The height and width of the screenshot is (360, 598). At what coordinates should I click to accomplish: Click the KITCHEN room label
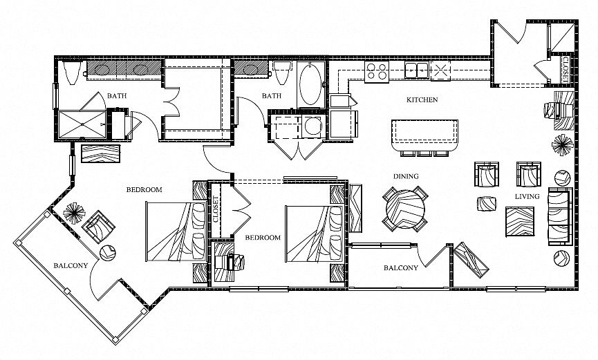pos(422,100)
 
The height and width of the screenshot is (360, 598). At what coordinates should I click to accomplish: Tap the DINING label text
pos(406,176)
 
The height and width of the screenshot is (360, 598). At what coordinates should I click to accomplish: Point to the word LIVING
pos(527,196)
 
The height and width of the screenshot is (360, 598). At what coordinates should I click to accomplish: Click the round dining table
pos(405,209)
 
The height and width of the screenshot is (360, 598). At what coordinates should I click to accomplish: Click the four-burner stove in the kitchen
pos(376,71)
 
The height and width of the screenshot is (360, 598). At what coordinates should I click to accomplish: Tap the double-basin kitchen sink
pos(416,70)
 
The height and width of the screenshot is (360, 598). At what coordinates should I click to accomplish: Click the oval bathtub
pos(311,85)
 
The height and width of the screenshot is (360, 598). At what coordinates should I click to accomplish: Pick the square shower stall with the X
pos(82,124)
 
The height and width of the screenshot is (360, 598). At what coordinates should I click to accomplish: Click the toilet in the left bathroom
pos(72,72)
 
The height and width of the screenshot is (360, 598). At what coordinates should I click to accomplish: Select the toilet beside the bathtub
pos(282,72)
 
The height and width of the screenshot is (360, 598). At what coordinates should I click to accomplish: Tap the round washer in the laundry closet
pos(313,126)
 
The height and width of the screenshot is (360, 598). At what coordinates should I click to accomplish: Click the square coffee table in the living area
pos(520,222)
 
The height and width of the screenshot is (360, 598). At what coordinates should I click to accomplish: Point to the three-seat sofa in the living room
pos(560,216)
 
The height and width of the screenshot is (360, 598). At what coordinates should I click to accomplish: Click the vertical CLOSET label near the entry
pos(566,69)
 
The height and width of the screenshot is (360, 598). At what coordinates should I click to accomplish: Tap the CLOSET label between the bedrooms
pos(216,209)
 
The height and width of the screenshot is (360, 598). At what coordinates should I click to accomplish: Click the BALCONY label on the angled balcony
pos(71,265)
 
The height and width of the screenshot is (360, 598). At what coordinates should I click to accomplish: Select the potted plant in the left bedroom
pos(74,214)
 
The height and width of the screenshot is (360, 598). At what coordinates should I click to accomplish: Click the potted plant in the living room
pos(562,145)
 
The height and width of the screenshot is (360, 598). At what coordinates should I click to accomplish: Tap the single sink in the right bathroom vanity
pos(250,69)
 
